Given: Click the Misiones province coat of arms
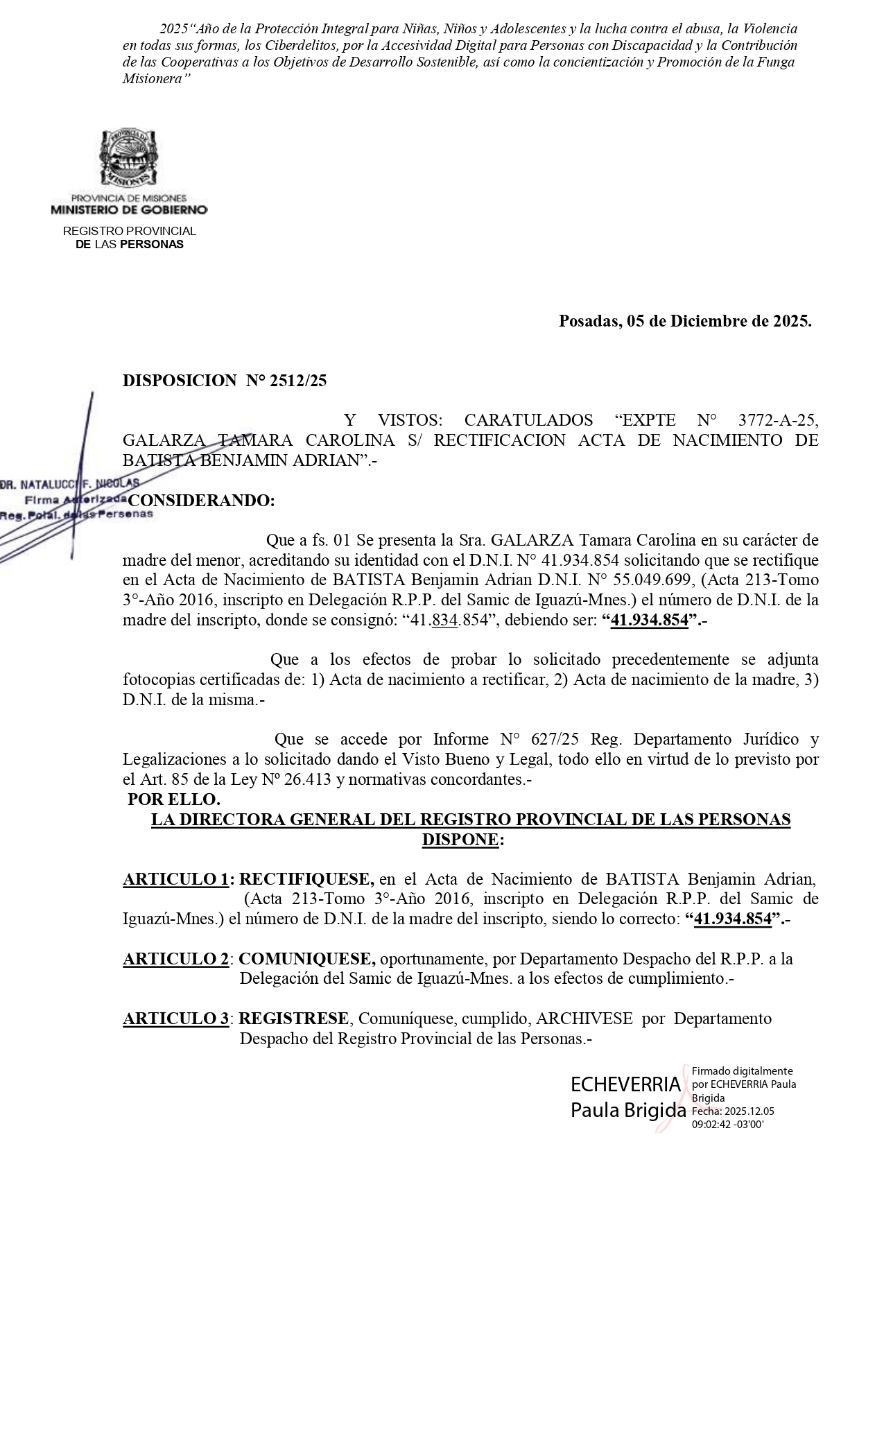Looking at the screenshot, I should [x=128, y=159].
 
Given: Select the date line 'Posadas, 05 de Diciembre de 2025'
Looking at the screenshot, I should [x=684, y=321].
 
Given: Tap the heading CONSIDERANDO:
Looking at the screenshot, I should [x=202, y=501].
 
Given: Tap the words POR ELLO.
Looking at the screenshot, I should [x=174, y=799].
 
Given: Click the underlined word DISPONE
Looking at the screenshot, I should [x=460, y=840].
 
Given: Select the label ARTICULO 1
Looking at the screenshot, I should [x=176, y=879].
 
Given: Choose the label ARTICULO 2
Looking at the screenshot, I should [x=176, y=959].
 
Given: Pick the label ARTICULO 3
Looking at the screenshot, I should [x=176, y=1019].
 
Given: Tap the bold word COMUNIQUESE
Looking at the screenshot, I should [x=307, y=959].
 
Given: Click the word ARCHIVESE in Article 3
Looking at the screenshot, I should [x=584, y=1019].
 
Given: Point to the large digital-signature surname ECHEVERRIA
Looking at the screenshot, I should [x=625, y=1084].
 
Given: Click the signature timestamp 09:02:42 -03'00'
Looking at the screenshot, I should [x=727, y=1125].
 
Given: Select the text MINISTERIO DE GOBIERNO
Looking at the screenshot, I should [x=128, y=209].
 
